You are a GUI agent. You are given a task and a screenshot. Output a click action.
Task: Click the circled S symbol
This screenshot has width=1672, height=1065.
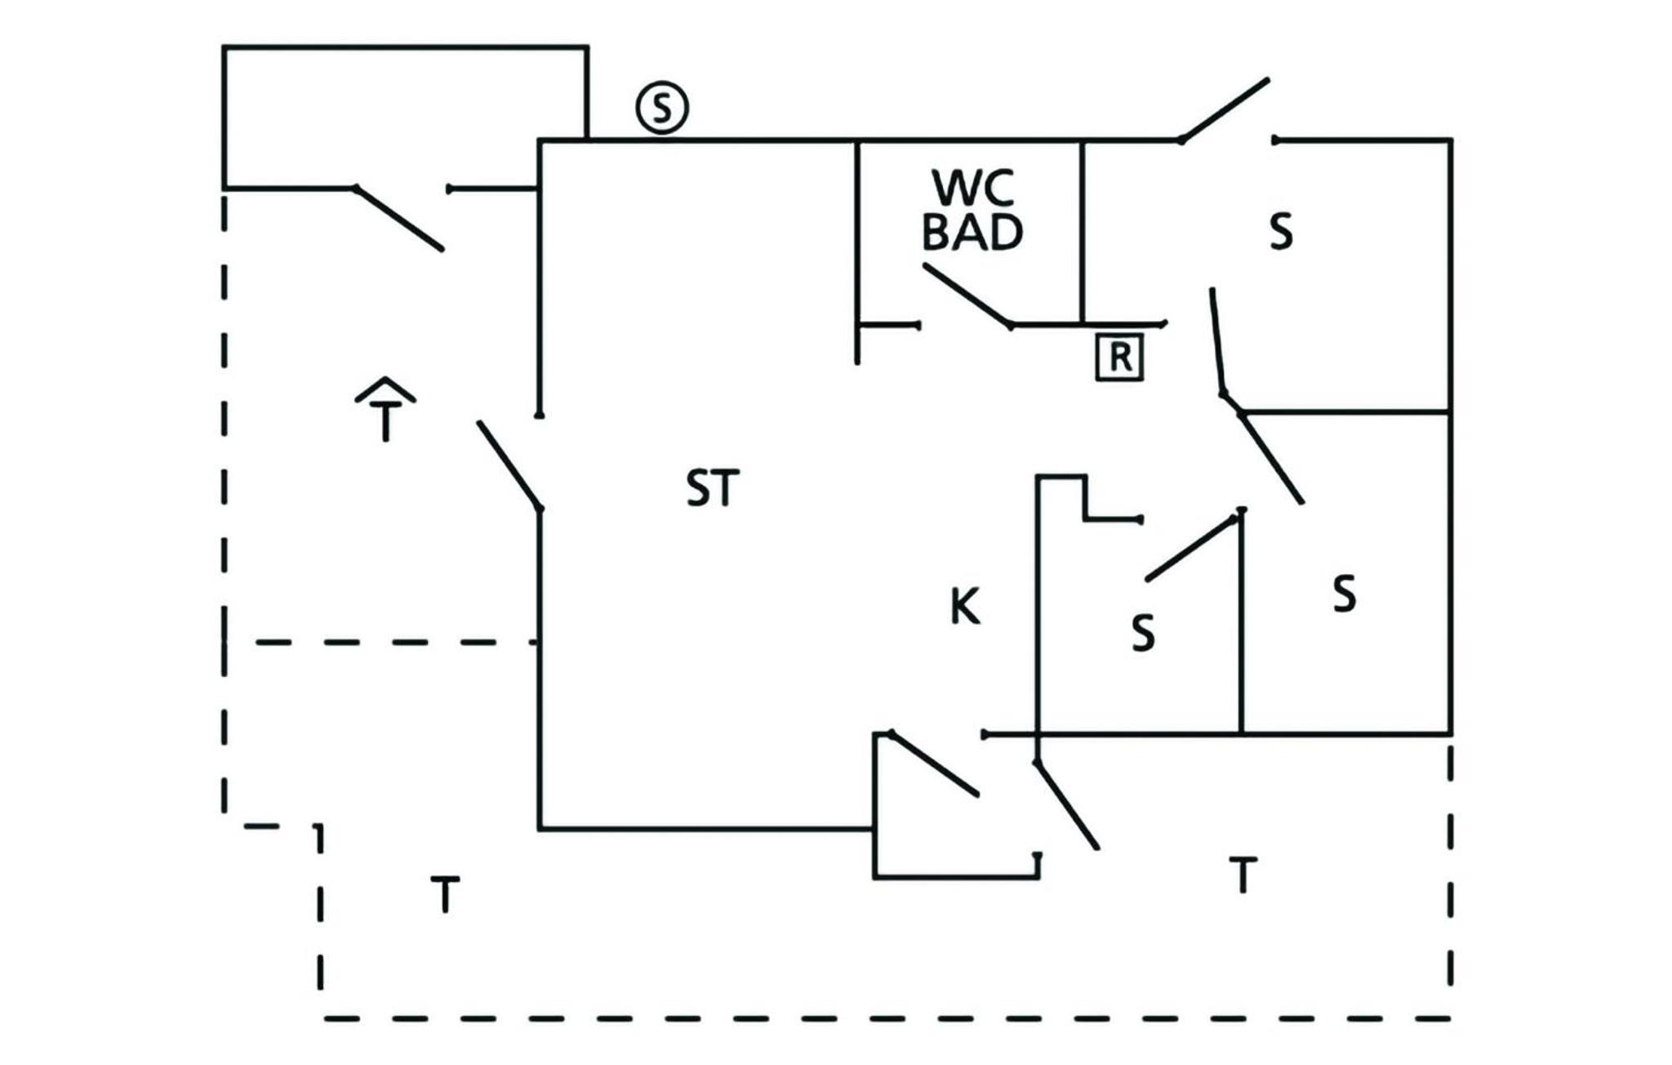point(662,108)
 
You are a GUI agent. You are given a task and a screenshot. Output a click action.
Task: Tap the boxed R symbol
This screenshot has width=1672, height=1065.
point(1119,357)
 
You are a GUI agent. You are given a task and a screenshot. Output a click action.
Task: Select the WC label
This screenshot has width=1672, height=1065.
point(973,188)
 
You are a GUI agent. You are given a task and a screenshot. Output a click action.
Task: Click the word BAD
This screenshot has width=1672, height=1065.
point(972,232)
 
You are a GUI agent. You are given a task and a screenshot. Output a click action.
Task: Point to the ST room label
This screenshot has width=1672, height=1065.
point(713,488)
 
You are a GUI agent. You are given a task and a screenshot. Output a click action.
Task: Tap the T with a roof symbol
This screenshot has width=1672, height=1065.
point(385,408)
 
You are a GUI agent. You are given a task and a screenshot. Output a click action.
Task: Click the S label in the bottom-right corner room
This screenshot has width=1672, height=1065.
point(1345,594)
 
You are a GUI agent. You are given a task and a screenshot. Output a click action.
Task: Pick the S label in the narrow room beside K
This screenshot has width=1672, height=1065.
point(1144,632)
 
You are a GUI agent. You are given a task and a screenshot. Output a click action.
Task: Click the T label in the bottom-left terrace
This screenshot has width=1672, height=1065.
point(445,894)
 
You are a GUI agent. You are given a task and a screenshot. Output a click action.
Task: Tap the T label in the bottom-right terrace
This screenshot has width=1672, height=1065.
point(1243,875)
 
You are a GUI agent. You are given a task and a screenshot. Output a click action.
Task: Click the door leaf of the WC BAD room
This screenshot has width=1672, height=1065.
point(968,296)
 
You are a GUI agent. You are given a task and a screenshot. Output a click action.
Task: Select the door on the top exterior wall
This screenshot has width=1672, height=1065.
point(1225,110)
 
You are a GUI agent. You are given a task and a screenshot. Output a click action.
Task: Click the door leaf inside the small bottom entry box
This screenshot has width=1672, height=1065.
point(934,764)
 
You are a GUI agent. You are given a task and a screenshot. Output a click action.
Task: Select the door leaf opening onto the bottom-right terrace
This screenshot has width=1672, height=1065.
point(1067,805)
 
